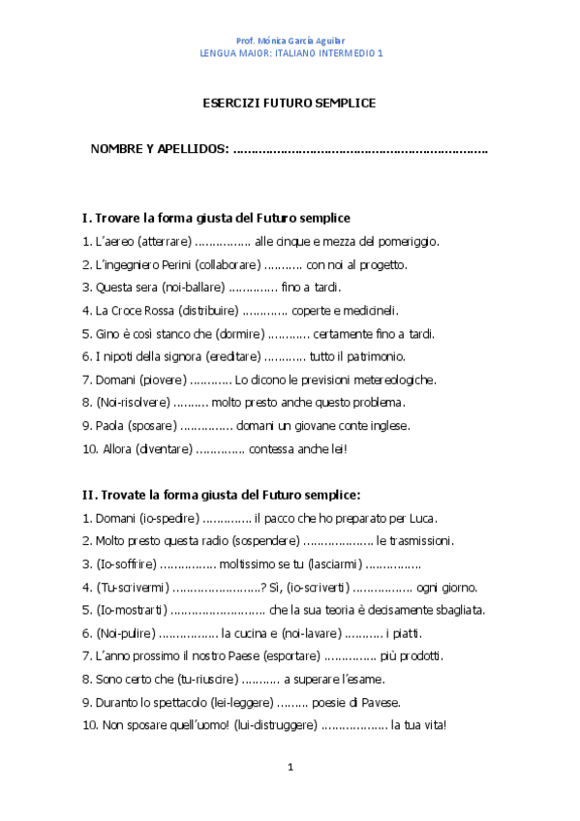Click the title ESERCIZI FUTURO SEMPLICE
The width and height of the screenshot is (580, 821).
[x=289, y=102]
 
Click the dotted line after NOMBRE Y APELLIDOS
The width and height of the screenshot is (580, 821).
[x=360, y=149]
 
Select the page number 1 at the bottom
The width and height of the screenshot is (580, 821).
[x=290, y=768]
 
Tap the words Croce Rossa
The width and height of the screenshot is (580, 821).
[x=142, y=311]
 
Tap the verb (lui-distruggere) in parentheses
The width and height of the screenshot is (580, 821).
[x=275, y=725]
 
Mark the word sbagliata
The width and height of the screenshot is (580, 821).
[x=455, y=610]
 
